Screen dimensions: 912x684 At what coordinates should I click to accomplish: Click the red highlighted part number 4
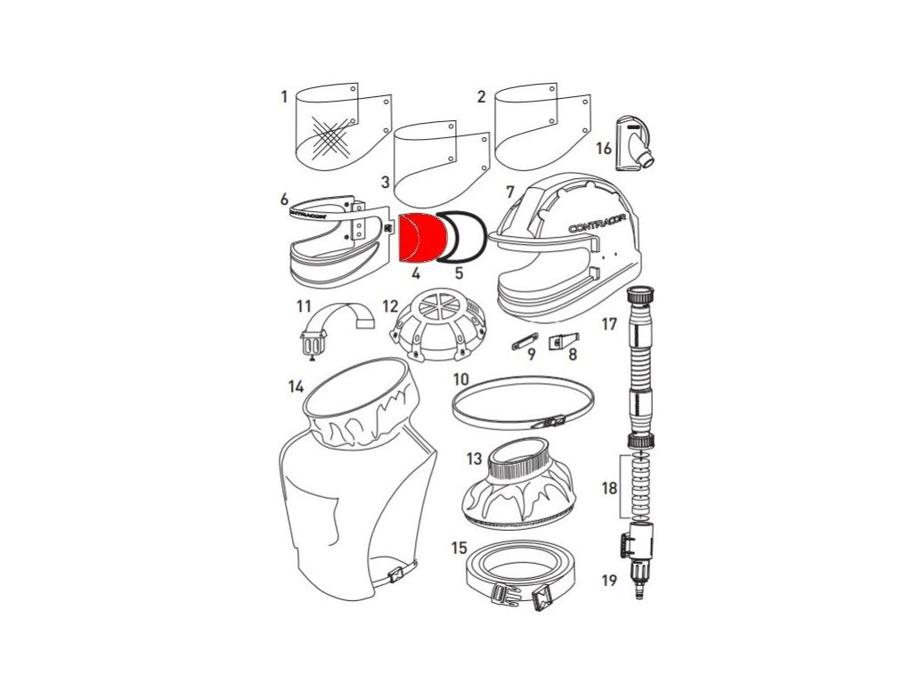pyautogui.click(x=422, y=238)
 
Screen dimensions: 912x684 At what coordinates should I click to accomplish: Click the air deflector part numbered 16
pyautogui.click(x=634, y=143)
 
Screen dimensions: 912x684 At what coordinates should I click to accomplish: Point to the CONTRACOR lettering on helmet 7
pyautogui.click(x=598, y=225)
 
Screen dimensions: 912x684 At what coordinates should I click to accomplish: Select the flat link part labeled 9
pyautogui.click(x=525, y=342)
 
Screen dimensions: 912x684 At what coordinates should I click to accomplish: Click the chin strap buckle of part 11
pyautogui.click(x=313, y=346)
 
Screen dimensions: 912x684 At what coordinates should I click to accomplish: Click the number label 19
pyautogui.click(x=609, y=580)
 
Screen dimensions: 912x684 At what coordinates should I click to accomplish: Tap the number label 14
pyautogui.click(x=296, y=387)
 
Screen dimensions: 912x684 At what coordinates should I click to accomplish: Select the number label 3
pyautogui.click(x=385, y=182)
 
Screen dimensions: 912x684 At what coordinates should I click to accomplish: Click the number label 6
pyautogui.click(x=284, y=199)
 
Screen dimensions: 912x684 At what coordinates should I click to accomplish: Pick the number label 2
pyautogui.click(x=480, y=96)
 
